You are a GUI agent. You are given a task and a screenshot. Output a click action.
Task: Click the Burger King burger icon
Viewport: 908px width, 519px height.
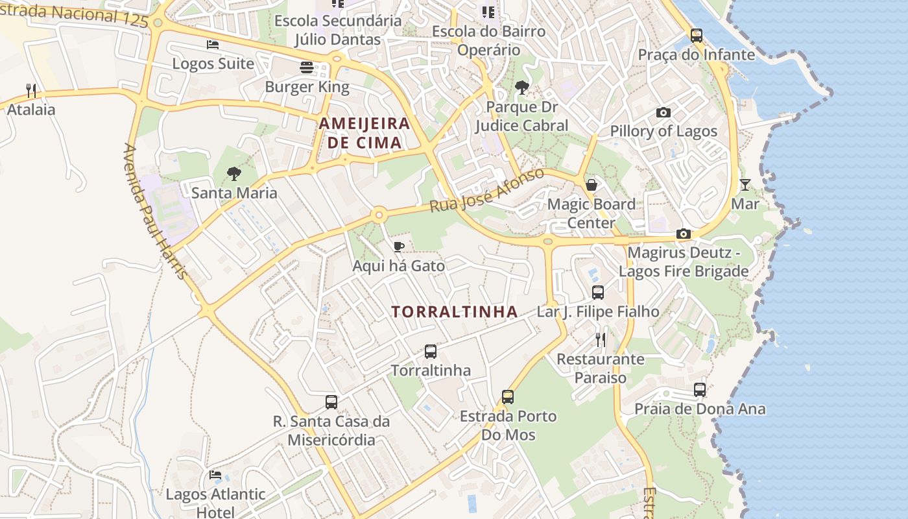click(307, 67)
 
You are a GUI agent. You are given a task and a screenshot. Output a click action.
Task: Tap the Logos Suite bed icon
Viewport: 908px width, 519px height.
click(213, 45)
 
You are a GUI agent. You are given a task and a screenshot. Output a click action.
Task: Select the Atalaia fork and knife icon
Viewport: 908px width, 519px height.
click(31, 90)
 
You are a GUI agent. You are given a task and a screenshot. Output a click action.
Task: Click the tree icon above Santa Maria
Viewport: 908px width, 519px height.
click(234, 174)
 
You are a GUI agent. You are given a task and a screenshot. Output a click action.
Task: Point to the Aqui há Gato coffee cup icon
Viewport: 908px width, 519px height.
click(399, 247)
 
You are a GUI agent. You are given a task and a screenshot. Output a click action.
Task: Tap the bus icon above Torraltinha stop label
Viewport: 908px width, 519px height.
click(431, 352)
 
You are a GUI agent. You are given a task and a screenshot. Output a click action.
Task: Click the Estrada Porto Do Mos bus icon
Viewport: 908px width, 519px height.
click(508, 396)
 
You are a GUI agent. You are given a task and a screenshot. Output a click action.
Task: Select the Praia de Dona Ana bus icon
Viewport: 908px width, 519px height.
click(700, 390)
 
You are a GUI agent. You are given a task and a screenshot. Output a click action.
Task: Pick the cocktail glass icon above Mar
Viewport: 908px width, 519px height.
click(745, 185)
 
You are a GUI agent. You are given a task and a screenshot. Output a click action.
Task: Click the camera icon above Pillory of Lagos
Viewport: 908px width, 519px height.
click(663, 112)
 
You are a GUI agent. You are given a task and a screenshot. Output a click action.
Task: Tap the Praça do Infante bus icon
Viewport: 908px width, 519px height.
click(697, 36)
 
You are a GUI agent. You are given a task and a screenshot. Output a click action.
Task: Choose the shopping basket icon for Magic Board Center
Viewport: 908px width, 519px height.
click(591, 185)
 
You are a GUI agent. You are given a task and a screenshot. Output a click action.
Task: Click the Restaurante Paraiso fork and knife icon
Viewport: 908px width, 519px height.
click(601, 339)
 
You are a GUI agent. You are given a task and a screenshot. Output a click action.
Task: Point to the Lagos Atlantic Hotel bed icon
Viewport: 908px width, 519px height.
click(215, 475)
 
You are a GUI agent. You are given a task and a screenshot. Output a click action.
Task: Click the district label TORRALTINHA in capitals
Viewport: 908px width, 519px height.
click(455, 312)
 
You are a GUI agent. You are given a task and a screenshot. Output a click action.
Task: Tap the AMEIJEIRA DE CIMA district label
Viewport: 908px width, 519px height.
click(364, 132)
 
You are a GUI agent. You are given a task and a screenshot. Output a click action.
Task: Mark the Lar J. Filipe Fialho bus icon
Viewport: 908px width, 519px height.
click(598, 293)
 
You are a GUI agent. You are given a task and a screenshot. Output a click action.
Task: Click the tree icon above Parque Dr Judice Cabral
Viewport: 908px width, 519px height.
click(521, 88)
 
